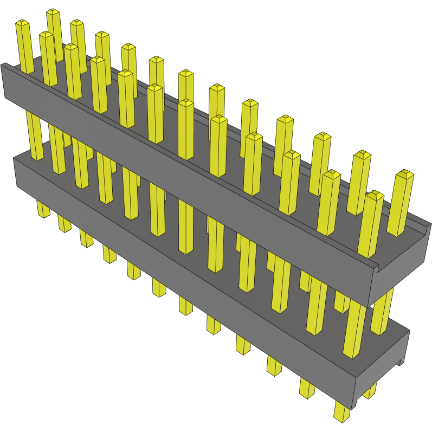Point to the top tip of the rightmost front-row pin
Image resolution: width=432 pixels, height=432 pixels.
click(373, 195)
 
